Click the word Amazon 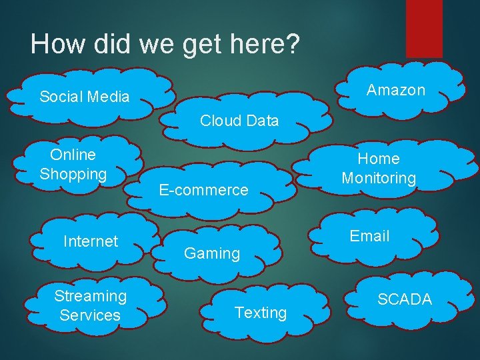pyautogui.click(x=396, y=90)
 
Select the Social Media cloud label pyautogui.click(x=84, y=97)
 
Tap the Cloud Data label pyautogui.click(x=239, y=121)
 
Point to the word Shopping pyautogui.click(x=73, y=175)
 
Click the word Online pyautogui.click(x=73, y=155)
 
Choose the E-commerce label pyautogui.click(x=203, y=190)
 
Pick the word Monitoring pyautogui.click(x=379, y=179)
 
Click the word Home pyautogui.click(x=379, y=159)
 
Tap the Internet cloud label pyautogui.click(x=91, y=241)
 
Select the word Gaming pyautogui.click(x=212, y=253)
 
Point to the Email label pyautogui.click(x=370, y=236)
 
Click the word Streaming pyautogui.click(x=91, y=295)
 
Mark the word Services pyautogui.click(x=90, y=315)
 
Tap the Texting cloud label pyautogui.click(x=261, y=313)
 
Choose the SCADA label pyautogui.click(x=405, y=299)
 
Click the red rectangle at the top pyautogui.click(x=424, y=28)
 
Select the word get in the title pyautogui.click(x=194, y=44)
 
